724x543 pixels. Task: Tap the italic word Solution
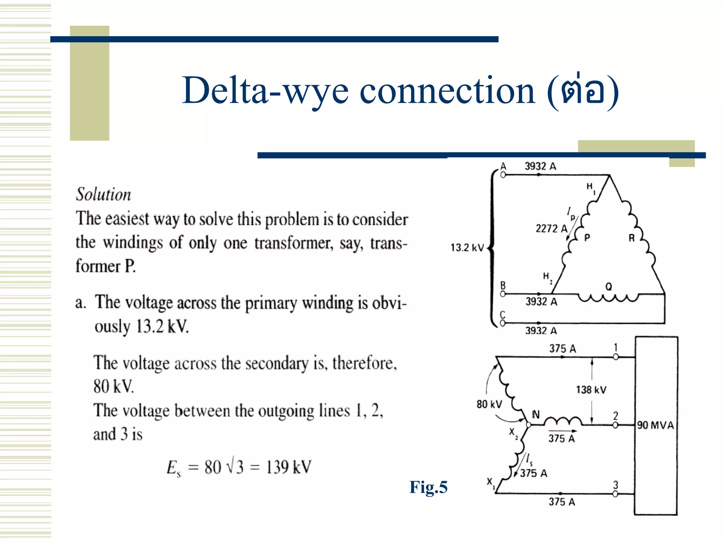click(104, 194)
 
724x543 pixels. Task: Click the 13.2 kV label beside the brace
click(467, 248)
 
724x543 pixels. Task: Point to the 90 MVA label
click(655, 425)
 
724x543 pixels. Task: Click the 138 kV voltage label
click(591, 390)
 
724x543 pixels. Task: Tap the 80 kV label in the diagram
click(489, 404)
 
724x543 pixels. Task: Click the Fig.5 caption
click(428, 487)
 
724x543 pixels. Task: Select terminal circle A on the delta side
click(503, 175)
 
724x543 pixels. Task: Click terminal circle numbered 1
click(615, 357)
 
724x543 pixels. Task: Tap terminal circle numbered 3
click(615, 494)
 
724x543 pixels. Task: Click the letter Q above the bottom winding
click(608, 287)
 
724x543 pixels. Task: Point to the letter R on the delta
click(632, 238)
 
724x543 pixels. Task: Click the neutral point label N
click(536, 415)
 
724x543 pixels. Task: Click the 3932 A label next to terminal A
click(540, 166)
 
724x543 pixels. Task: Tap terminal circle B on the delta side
click(503, 294)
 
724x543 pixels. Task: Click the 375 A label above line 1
click(562, 349)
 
